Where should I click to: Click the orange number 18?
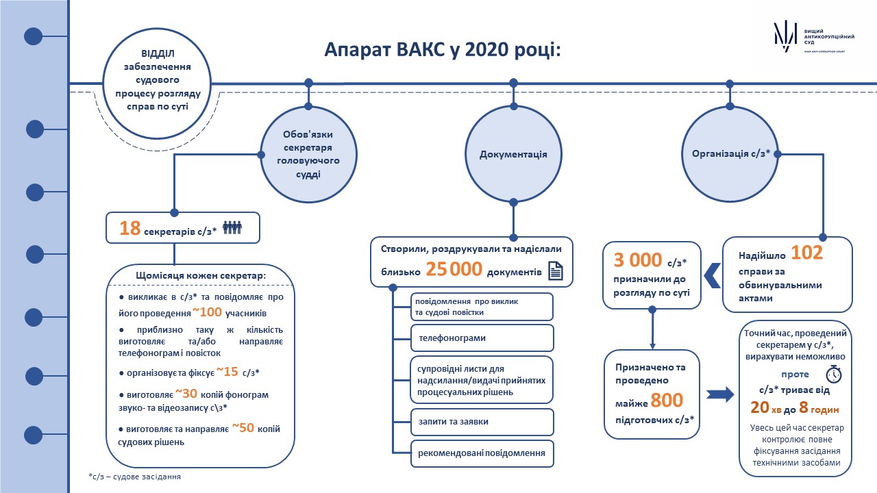tap(130, 228)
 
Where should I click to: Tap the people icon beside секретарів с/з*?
tap(232, 227)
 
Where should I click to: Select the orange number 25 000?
tap(454, 269)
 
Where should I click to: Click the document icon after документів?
tap(556, 270)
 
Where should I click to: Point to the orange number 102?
tap(807, 253)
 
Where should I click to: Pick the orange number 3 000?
tap(637, 260)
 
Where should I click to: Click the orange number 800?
tap(667, 401)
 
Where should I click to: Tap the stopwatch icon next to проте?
tap(834, 374)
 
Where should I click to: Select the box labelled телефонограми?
tap(482, 338)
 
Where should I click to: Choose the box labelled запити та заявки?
tap(482, 422)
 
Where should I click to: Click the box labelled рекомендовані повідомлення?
tap(482, 453)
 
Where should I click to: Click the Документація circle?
tap(513, 154)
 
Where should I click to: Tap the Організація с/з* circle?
tap(730, 154)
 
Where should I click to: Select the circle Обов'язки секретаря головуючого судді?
tap(308, 155)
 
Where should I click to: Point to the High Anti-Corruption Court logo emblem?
tap(785, 37)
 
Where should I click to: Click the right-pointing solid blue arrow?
tap(720, 394)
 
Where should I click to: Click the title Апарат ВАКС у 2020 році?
tap(443, 50)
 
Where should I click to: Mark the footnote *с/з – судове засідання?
tap(135, 477)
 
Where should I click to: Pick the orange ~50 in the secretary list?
tap(243, 428)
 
